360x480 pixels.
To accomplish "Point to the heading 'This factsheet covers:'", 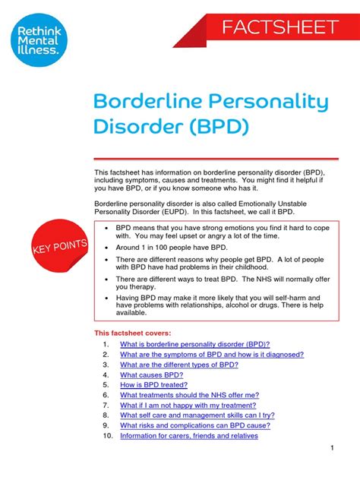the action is [x=132, y=333].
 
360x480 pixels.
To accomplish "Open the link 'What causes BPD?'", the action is [x=151, y=374].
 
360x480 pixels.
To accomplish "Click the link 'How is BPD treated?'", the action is [x=156, y=384].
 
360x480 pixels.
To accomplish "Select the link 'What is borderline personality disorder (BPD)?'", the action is [x=194, y=344].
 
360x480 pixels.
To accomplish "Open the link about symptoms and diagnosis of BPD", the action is [x=212, y=354].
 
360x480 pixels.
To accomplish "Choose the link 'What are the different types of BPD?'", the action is [x=179, y=365].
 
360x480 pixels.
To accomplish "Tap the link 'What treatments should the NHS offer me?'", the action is [x=189, y=395].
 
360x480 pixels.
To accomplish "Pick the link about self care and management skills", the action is [x=197, y=415].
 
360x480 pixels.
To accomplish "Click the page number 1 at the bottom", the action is [x=333, y=450].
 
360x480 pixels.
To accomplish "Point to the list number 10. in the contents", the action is [x=106, y=436].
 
